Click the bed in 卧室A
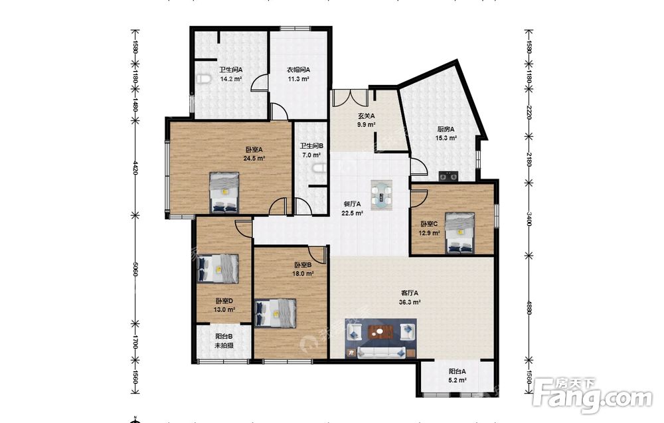point(224,192)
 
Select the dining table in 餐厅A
point(382,195)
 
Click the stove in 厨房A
point(448,175)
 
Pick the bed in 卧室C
point(460,233)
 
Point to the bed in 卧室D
point(218,269)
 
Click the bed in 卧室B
point(276,313)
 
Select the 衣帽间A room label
point(299,70)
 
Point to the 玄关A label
point(367,116)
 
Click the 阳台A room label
point(457,371)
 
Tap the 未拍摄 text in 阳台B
point(224,345)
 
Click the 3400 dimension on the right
point(529,219)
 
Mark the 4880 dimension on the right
point(529,307)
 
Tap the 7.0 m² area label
point(311,155)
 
